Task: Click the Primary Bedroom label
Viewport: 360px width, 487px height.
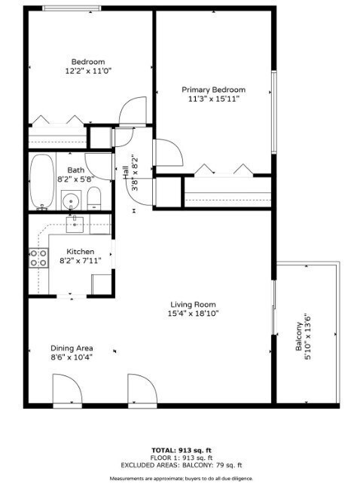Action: (213, 90)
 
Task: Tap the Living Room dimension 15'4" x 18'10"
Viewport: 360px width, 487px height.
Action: (193, 314)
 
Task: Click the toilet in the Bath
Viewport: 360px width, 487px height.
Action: (94, 198)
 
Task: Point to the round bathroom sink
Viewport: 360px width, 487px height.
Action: (71, 201)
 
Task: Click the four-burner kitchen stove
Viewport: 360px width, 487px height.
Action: (38, 258)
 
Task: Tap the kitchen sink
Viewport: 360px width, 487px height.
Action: (75, 224)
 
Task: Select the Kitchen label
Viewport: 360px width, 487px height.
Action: (81, 251)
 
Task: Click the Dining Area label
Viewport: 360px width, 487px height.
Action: (72, 348)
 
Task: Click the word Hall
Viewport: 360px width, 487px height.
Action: (125, 173)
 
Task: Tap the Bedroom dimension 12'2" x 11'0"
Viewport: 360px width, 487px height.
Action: (88, 71)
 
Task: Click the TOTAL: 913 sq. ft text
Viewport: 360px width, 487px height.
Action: (182, 450)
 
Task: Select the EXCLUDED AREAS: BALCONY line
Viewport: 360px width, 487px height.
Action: (182, 465)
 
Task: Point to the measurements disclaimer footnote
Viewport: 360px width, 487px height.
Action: (182, 478)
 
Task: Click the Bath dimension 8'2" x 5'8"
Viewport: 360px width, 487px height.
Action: (76, 179)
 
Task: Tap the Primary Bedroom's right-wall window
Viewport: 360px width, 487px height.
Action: (274, 112)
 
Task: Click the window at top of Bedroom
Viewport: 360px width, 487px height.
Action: (72, 8)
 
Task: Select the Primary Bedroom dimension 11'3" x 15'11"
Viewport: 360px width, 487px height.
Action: (214, 99)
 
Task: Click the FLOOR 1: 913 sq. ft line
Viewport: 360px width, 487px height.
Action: (182, 458)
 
